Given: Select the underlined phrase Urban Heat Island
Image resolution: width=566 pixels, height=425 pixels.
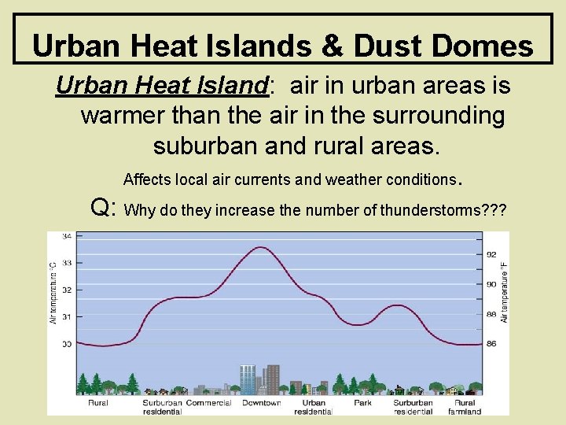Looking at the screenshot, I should (161, 85).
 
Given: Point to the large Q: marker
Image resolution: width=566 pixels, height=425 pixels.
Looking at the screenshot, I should (105, 208).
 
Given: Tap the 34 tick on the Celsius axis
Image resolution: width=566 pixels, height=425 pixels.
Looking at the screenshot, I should (67, 236).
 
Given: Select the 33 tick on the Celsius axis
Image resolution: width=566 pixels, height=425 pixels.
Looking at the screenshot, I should (67, 263).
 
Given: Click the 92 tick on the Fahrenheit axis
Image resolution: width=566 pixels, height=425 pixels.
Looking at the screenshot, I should (491, 255).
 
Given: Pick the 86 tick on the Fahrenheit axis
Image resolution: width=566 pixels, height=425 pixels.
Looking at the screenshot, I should (491, 344).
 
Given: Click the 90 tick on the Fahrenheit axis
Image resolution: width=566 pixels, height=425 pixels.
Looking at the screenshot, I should (491, 284).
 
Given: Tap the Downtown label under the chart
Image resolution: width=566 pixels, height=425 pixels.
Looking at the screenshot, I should (261, 403).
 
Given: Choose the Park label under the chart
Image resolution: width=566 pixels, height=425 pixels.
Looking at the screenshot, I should (362, 403).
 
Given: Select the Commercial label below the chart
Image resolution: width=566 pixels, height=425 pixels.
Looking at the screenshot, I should (209, 403).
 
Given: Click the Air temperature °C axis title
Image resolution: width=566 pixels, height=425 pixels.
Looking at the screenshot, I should (53, 292).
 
